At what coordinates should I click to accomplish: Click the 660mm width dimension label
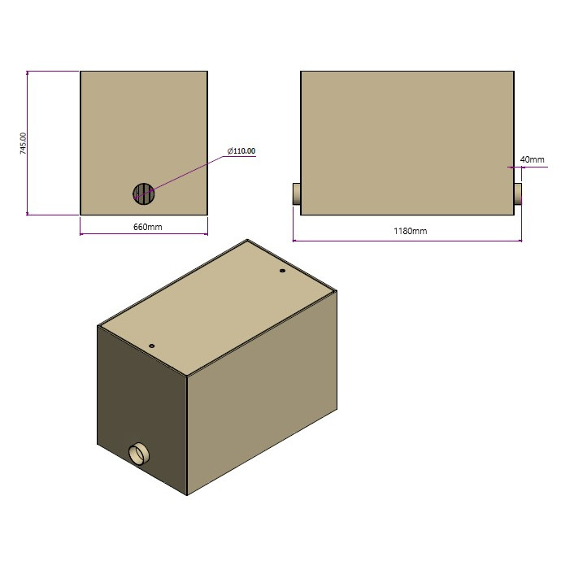coord(147,227)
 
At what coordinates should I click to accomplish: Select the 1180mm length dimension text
coord(410,231)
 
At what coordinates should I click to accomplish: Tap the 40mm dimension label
coord(532,159)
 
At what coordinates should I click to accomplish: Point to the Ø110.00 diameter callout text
coord(241,150)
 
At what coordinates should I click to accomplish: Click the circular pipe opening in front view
coord(143,193)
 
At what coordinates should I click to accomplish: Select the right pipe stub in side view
coord(517,194)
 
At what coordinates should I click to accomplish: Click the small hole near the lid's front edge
coord(151,345)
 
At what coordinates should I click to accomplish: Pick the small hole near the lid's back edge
coord(281,271)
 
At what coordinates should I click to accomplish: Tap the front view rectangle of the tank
coord(143,122)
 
